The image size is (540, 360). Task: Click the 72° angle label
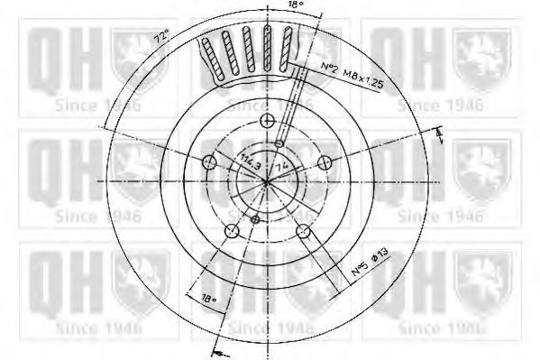click(x=160, y=39)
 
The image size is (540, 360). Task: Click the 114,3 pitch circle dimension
click(x=248, y=163)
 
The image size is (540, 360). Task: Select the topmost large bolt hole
click(x=266, y=121)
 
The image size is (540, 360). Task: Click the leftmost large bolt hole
click(x=208, y=163)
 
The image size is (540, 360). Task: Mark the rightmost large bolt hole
click(x=325, y=162)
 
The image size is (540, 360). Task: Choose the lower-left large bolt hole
click(x=231, y=231)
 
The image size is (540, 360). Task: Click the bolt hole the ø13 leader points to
click(x=303, y=231)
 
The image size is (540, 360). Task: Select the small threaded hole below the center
click(x=255, y=219)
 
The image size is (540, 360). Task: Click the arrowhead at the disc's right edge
click(x=439, y=134)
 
